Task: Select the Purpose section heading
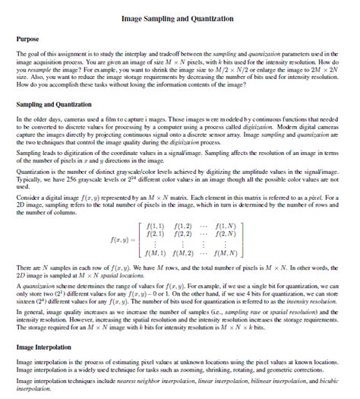[30, 37]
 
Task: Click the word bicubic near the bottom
[333, 380]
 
